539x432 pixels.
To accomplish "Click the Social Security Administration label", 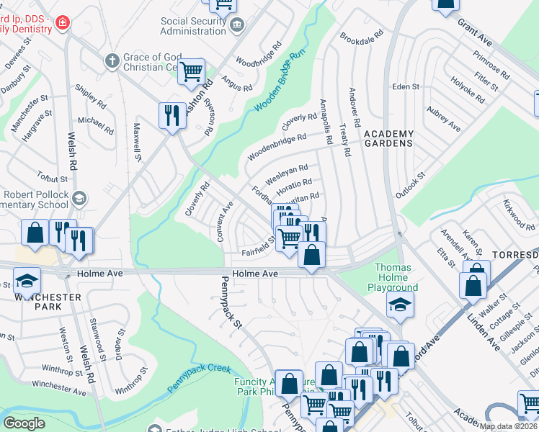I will [192, 27].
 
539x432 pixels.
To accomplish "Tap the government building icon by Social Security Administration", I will [236, 26].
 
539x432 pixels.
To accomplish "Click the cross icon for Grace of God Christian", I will [112, 60].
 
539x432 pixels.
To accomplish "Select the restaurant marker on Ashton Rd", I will [171, 115].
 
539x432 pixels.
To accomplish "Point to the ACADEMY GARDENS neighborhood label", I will [388, 138].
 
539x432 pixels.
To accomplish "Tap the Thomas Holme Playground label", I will [393, 277].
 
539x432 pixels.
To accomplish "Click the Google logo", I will [24, 423].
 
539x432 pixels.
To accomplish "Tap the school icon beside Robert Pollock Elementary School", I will [79, 197].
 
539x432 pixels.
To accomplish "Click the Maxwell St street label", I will [134, 140].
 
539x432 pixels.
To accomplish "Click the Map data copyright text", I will [508, 426].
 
